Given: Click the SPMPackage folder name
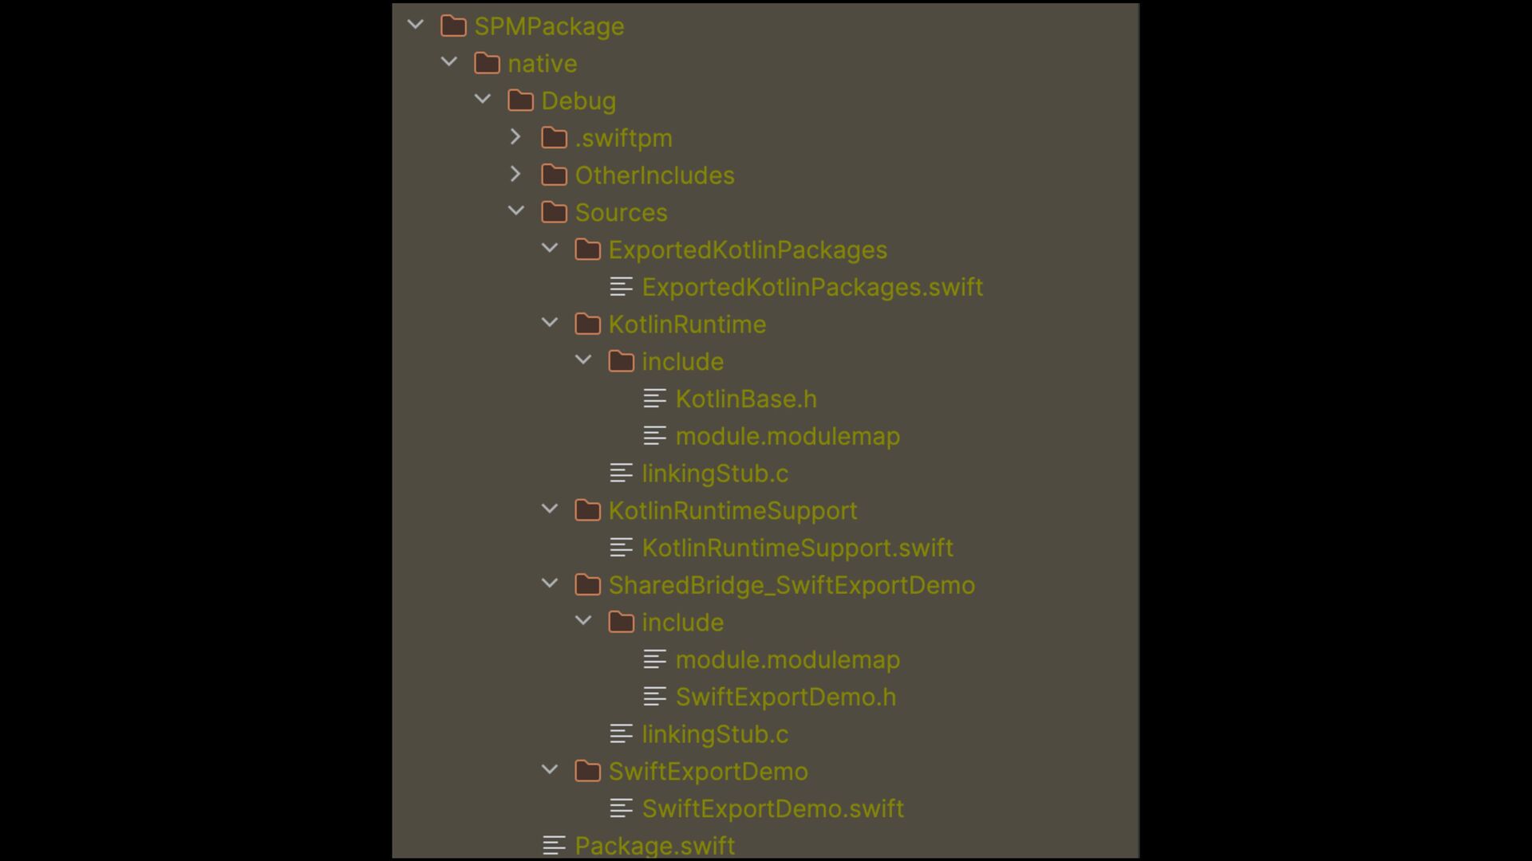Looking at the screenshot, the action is click(549, 26).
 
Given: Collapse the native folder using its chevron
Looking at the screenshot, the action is click(449, 62).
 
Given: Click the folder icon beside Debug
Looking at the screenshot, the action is click(520, 100).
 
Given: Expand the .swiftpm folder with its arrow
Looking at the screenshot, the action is click(515, 137).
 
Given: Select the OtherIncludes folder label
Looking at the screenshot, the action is click(654, 175).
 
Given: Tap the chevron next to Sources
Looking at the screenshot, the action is click(516, 211).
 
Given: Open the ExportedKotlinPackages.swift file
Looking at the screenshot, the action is click(812, 287).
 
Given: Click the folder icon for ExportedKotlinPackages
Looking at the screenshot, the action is click(587, 250).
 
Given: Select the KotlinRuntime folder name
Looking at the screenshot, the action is click(687, 324).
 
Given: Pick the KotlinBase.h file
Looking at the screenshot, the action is click(746, 399).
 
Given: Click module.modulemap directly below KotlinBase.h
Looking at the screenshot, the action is click(788, 436).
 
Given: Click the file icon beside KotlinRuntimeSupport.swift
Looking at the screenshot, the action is click(621, 548).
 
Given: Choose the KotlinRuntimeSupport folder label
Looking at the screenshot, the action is click(732, 511).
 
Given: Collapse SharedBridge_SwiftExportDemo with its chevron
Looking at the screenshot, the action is click(550, 584).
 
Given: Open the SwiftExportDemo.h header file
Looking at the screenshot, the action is click(786, 697).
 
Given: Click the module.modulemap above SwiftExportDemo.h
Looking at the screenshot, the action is click(788, 660).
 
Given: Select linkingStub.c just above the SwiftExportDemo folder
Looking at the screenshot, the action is click(715, 734).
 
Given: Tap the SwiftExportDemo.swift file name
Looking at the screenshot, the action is click(772, 808).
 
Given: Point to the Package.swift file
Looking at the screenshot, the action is click(655, 845).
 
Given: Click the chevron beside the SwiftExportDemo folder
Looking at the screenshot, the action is click(550, 770).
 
